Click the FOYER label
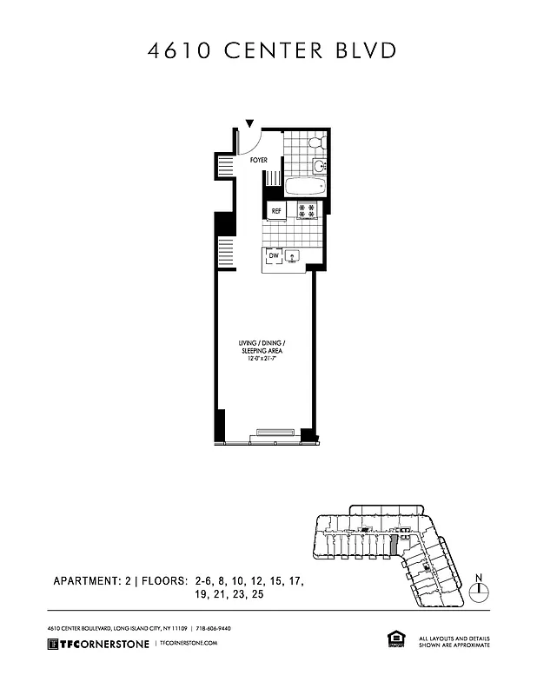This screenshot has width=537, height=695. point(259,161)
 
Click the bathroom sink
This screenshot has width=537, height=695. point(318,165)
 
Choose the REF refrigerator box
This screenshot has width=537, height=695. point(277,210)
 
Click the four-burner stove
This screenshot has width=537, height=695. point(306,209)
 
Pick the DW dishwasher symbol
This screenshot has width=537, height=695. point(273,256)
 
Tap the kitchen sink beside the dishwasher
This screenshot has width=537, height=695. point(294,256)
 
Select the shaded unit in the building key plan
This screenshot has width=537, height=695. point(393,545)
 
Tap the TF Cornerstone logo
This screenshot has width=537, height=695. point(98,643)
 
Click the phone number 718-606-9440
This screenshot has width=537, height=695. point(213,628)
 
